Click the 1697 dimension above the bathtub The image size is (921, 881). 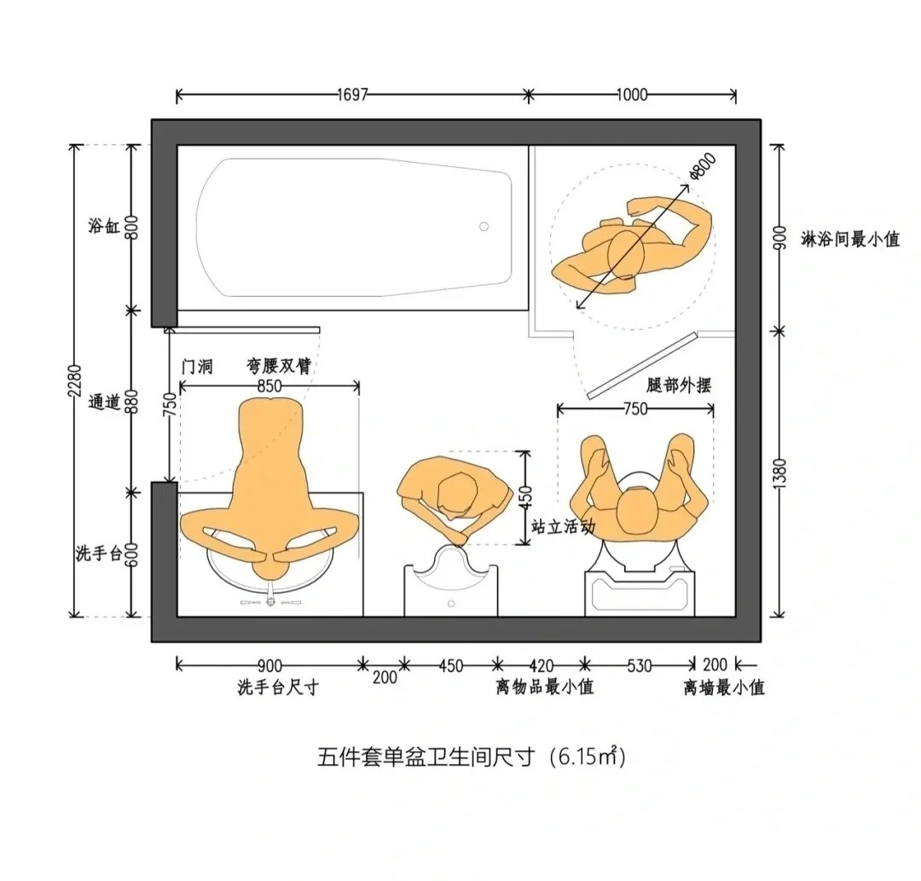[x=352, y=95]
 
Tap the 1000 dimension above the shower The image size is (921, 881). [x=632, y=95]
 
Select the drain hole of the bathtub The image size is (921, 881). [x=484, y=227]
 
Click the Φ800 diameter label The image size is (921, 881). [x=703, y=165]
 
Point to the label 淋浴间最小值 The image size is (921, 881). [x=850, y=239]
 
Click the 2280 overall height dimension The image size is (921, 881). [x=74, y=380]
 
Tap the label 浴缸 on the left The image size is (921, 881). [x=104, y=225]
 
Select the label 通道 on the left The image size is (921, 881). [x=104, y=403]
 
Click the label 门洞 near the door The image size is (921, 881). [x=197, y=367]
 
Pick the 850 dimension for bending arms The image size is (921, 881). [x=269, y=385]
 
